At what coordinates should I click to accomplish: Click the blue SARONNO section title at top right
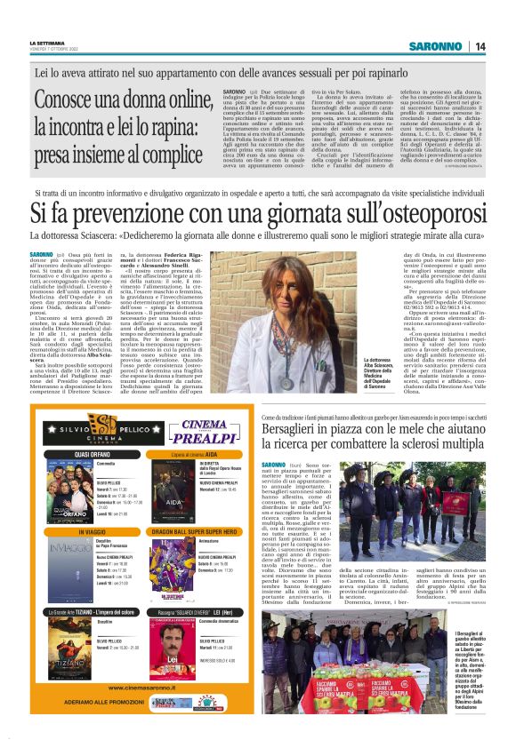436,46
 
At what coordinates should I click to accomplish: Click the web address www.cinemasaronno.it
109,686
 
